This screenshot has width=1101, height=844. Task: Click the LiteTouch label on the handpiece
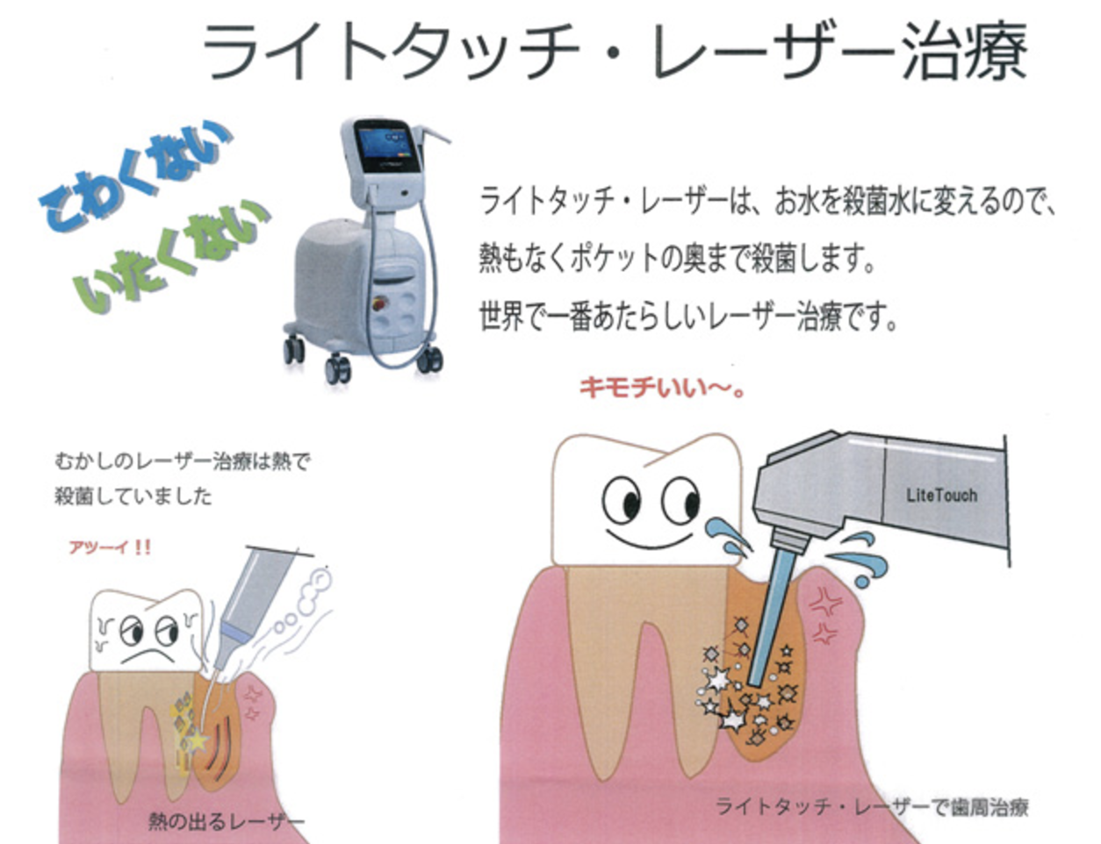point(941,495)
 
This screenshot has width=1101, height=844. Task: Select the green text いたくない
point(171,255)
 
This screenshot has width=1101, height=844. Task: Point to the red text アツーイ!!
point(110,547)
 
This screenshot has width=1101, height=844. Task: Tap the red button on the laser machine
point(378,304)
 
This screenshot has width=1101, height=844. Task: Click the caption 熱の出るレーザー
point(227,820)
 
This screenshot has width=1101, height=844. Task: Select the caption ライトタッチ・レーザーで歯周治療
point(872,807)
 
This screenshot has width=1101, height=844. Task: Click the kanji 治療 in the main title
point(965,52)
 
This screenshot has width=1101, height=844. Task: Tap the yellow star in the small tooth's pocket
point(198,741)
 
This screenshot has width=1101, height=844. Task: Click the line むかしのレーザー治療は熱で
point(183,461)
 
